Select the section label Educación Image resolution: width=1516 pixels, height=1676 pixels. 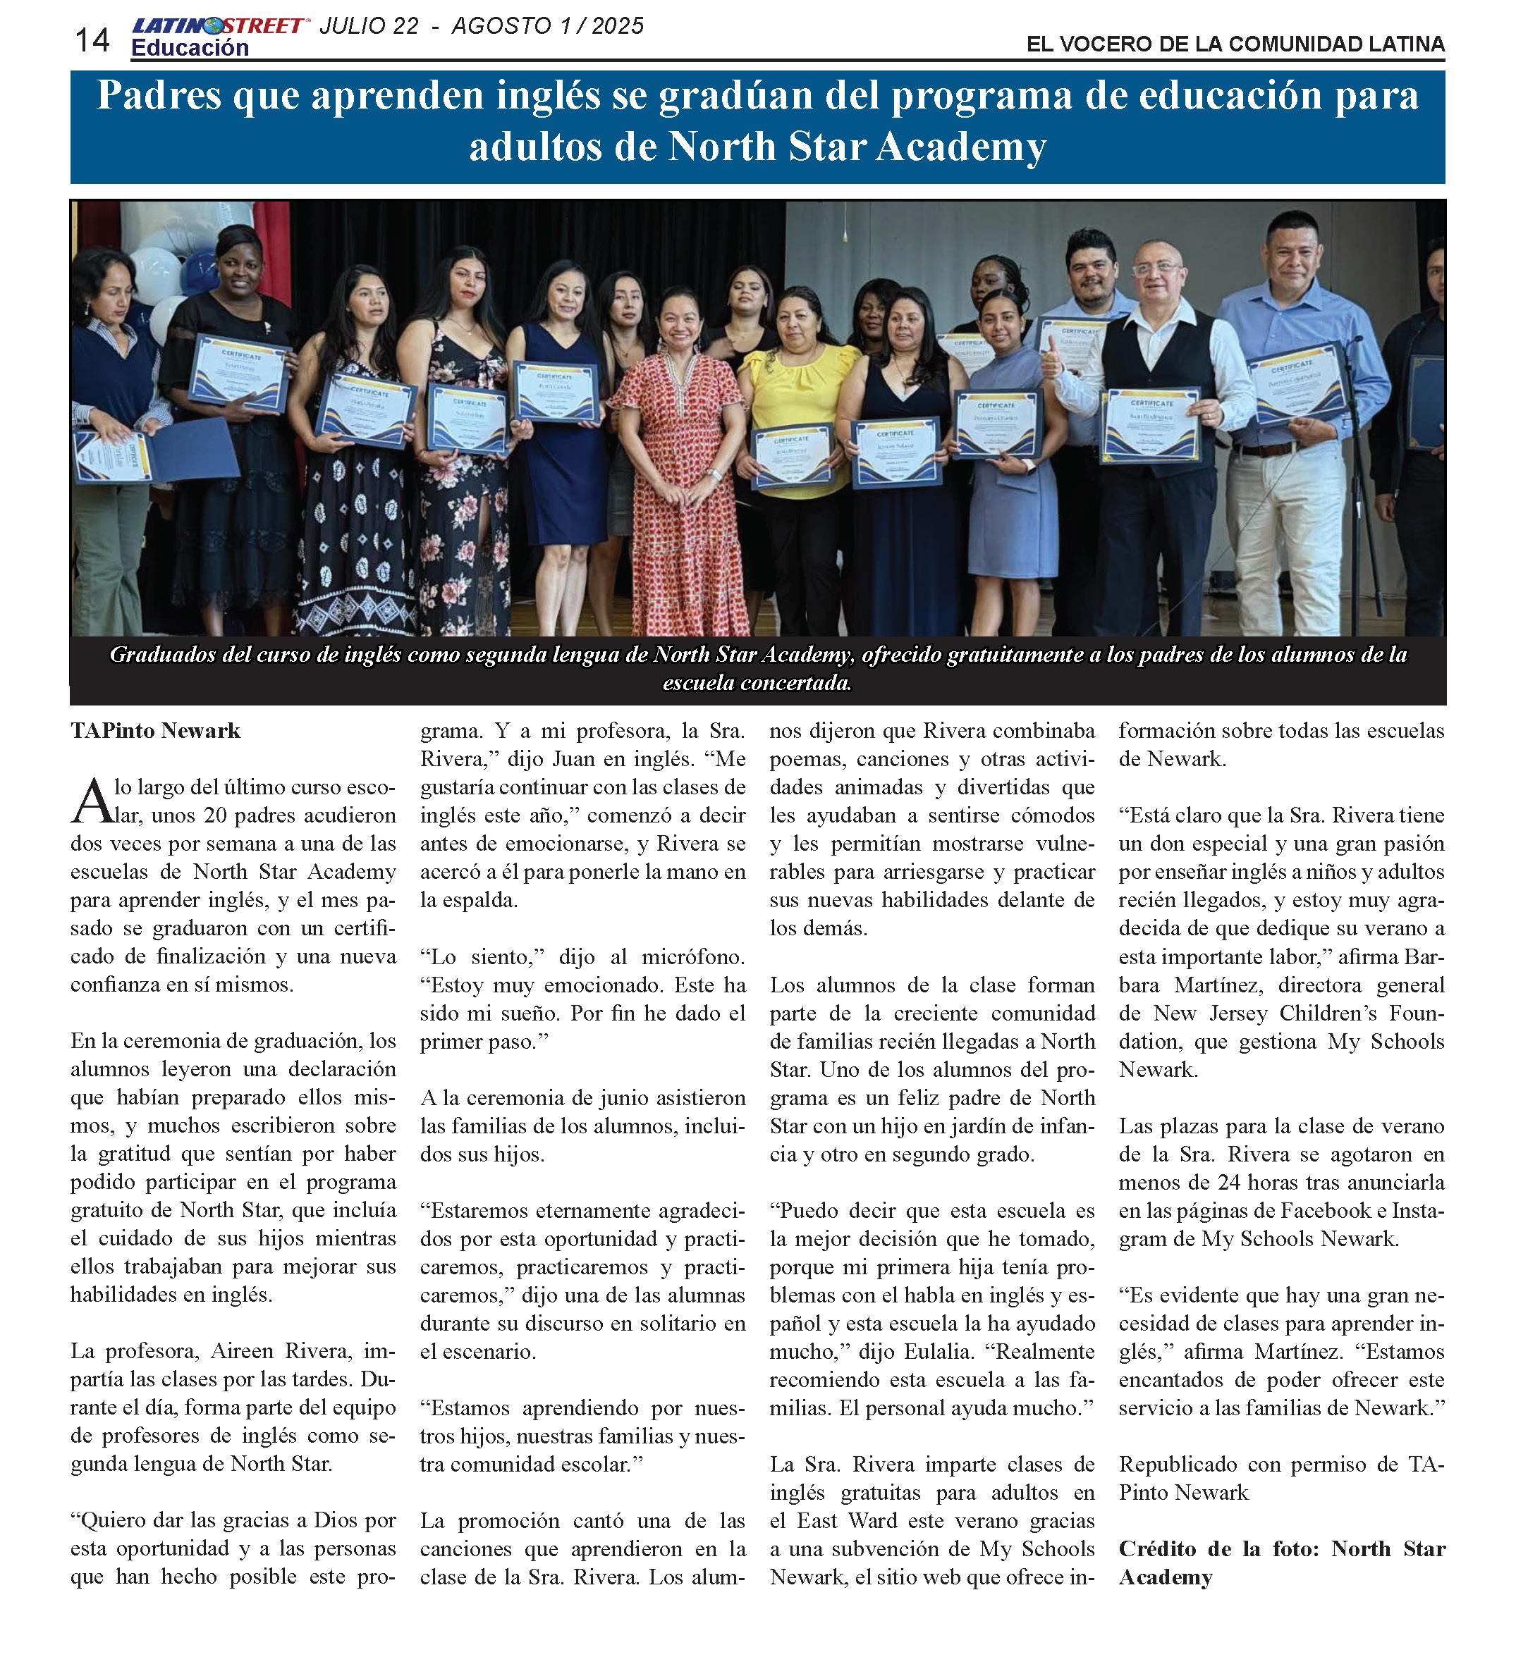click(190, 48)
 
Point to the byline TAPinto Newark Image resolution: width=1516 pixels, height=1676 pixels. click(156, 731)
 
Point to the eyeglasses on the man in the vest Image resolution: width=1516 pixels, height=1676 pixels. click(1158, 269)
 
